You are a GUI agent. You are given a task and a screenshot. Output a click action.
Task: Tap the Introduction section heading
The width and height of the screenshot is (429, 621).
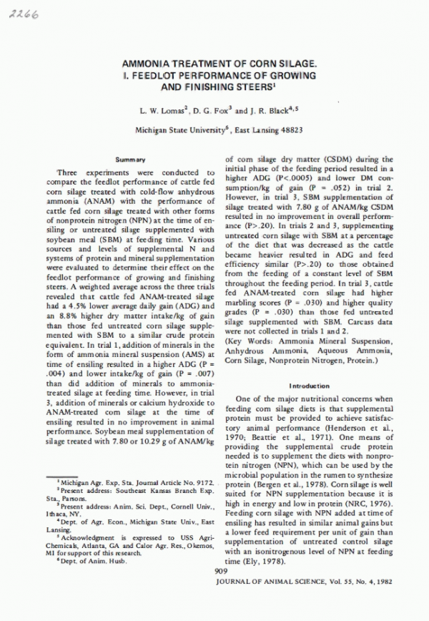pos(310,384)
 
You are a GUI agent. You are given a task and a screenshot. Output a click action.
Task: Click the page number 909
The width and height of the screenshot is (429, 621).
pos(220,591)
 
